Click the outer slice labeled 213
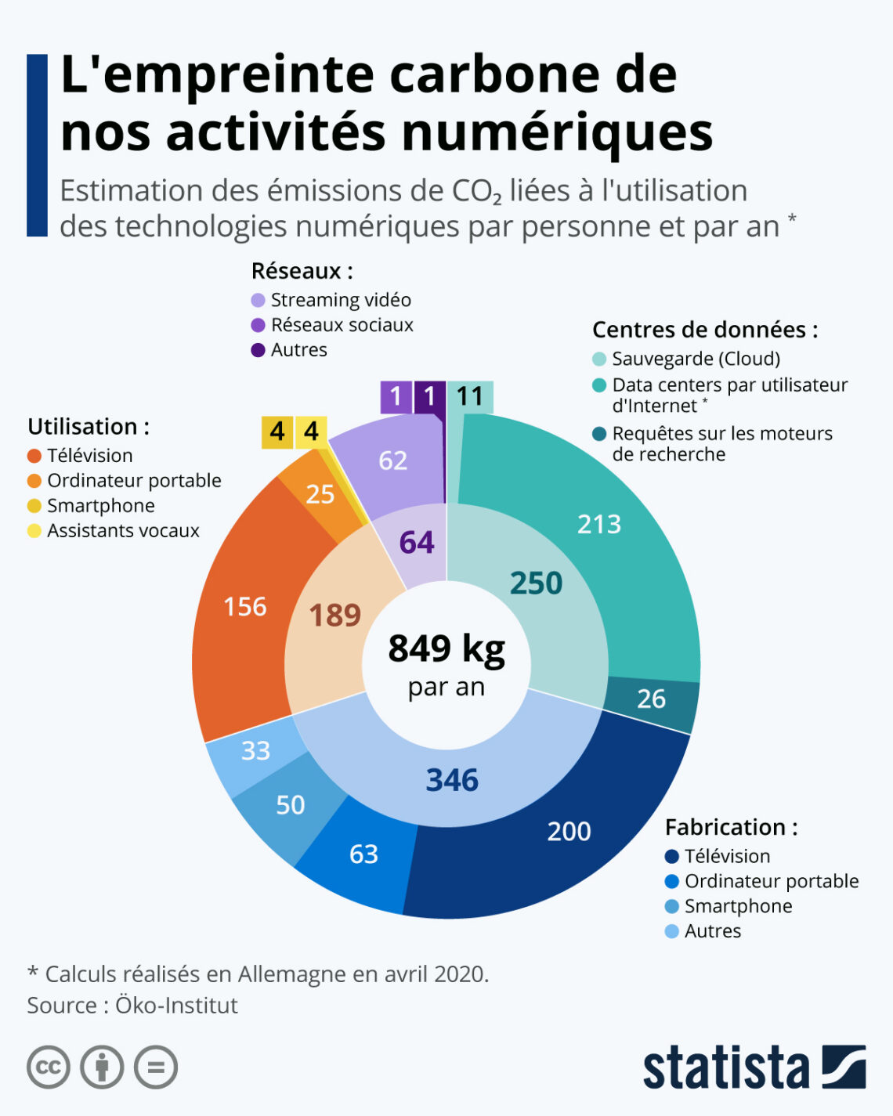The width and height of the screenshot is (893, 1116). pyautogui.click(x=599, y=525)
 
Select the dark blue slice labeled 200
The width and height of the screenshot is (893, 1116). pyautogui.click(x=569, y=831)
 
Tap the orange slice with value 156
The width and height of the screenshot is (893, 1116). pyautogui.click(x=245, y=607)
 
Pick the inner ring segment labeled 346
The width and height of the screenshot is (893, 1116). pyautogui.click(x=452, y=780)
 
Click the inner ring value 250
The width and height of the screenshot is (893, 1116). pyautogui.click(x=536, y=583)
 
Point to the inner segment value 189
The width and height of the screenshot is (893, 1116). pyautogui.click(x=334, y=616)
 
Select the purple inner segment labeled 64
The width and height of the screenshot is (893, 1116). pyautogui.click(x=416, y=543)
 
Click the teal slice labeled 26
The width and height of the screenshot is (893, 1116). pyautogui.click(x=651, y=699)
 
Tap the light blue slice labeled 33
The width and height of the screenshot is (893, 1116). pyautogui.click(x=255, y=751)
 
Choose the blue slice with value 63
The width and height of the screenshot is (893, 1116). pyautogui.click(x=363, y=854)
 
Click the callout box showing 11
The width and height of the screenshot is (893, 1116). pyautogui.click(x=470, y=396)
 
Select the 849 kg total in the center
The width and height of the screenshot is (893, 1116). pyautogui.click(x=446, y=649)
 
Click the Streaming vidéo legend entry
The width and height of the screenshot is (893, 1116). pyautogui.click(x=340, y=300)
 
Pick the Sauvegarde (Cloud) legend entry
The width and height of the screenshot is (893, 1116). pyautogui.click(x=696, y=359)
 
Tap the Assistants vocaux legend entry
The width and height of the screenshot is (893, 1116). pyautogui.click(x=123, y=531)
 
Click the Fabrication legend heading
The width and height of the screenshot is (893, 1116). pyautogui.click(x=731, y=827)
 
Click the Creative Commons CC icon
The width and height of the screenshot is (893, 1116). pyautogui.click(x=49, y=1067)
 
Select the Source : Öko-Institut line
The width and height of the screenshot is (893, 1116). pyautogui.click(x=132, y=1006)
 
